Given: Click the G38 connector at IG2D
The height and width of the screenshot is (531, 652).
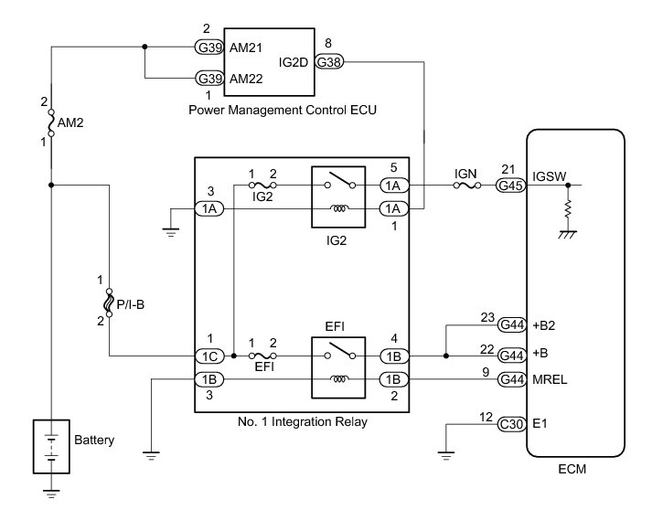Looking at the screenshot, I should click(x=329, y=61).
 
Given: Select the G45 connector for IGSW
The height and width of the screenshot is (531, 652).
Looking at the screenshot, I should click(x=510, y=185).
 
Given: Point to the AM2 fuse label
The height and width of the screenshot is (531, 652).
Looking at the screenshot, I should click(x=70, y=121).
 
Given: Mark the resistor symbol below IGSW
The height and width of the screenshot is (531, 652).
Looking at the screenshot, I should click(x=569, y=211).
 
